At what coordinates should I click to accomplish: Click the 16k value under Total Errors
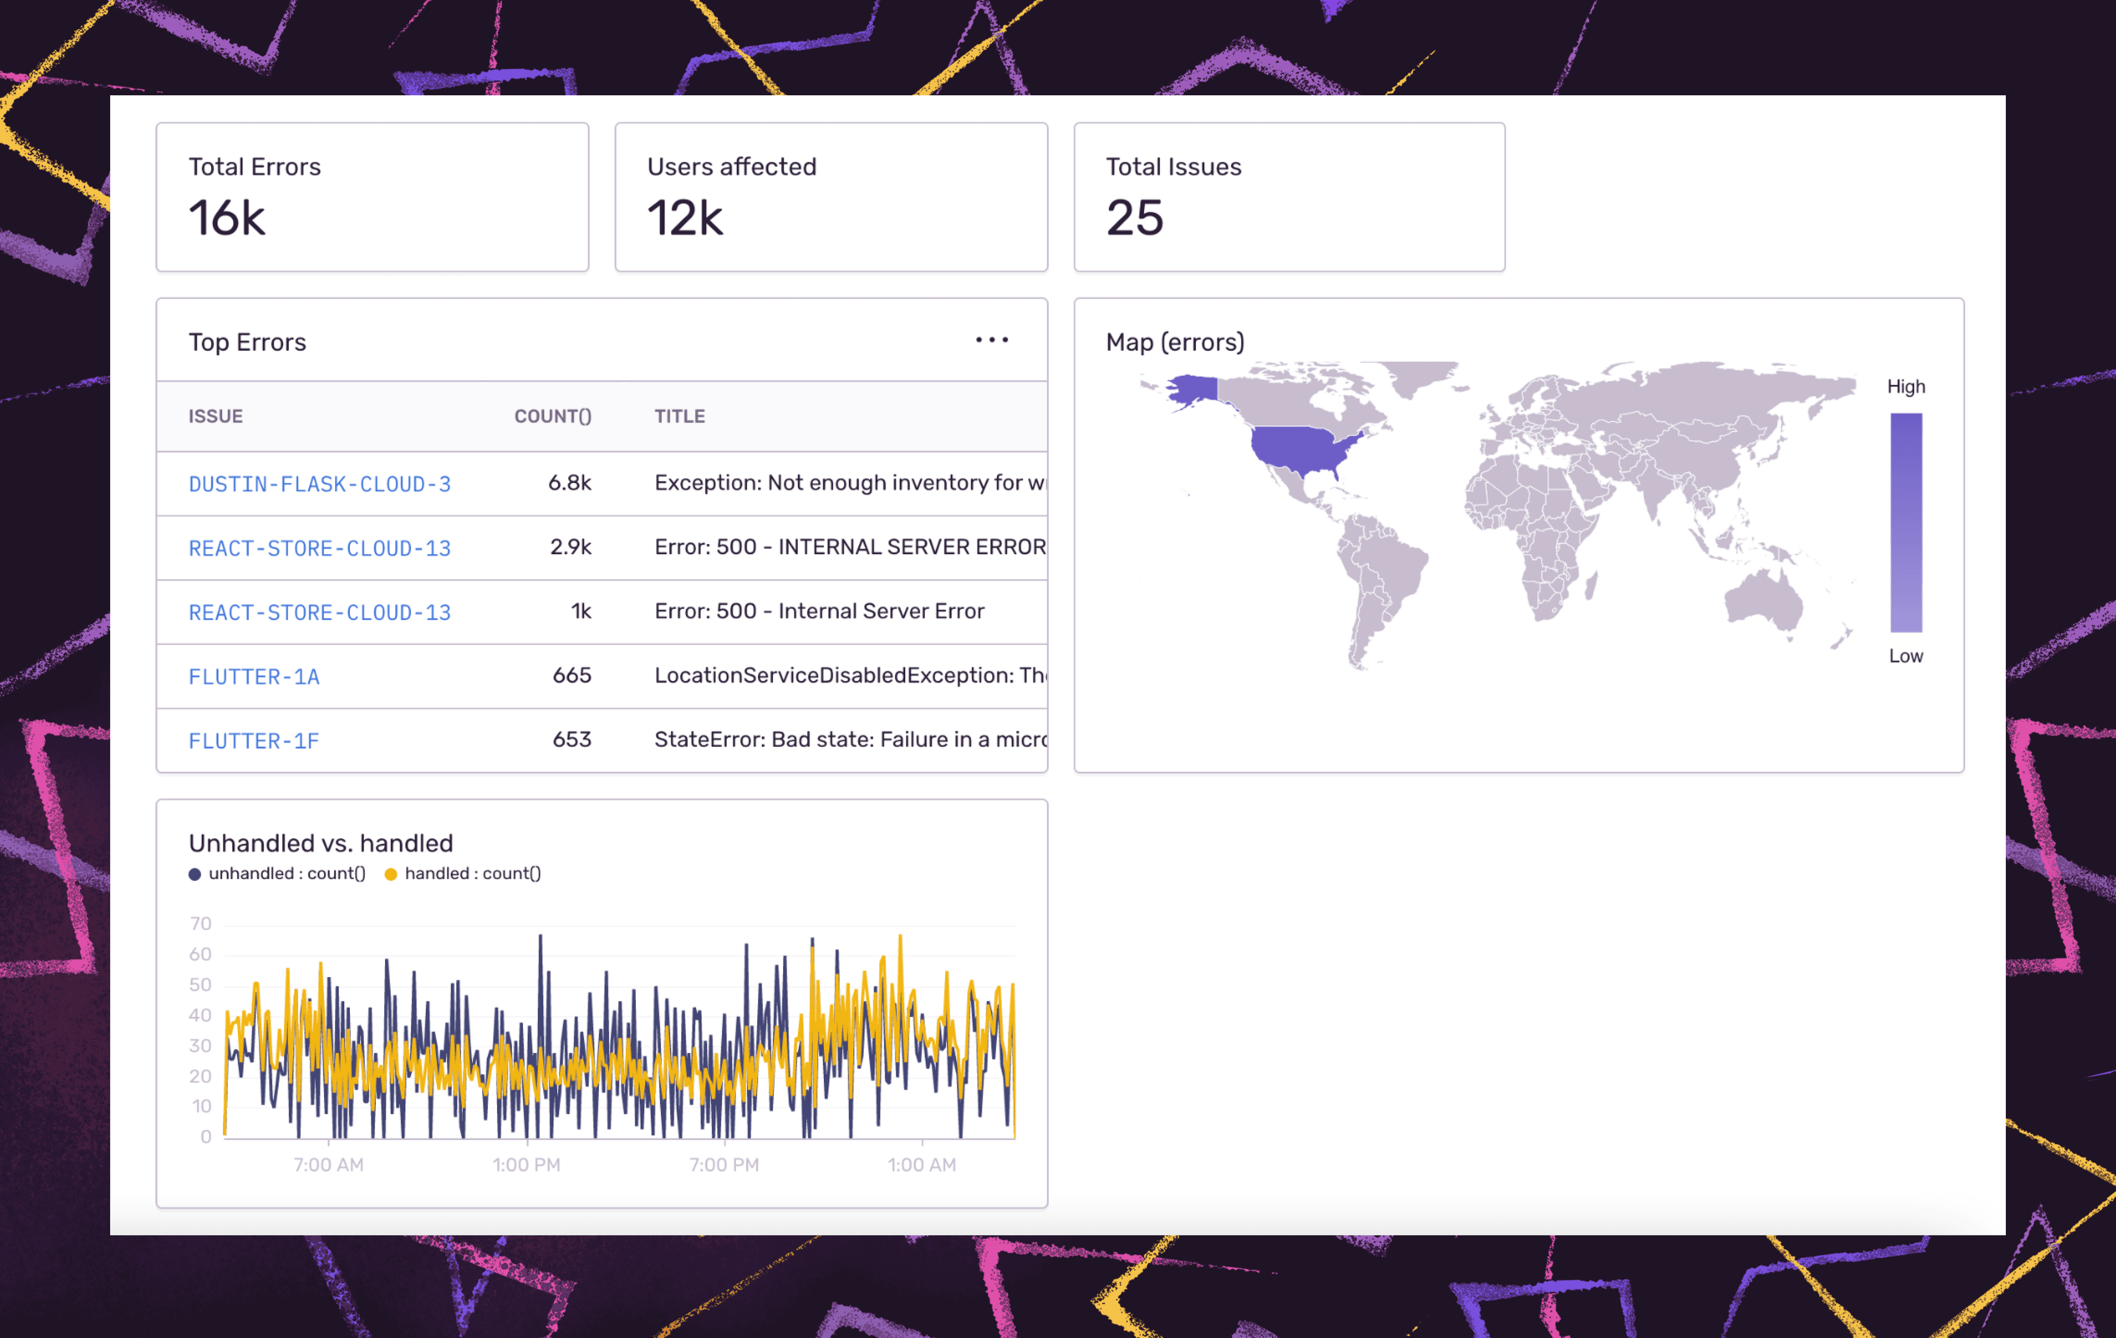(x=226, y=218)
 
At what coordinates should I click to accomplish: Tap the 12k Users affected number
(x=685, y=218)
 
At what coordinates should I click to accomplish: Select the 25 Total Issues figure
(x=1135, y=218)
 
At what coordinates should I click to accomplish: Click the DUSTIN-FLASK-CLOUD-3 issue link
(x=319, y=484)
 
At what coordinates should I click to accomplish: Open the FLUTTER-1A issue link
(x=254, y=676)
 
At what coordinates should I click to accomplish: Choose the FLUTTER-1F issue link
(x=254, y=740)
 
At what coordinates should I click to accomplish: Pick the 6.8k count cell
(x=569, y=483)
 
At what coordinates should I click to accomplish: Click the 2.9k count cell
(x=570, y=548)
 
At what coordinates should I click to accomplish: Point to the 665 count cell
(x=571, y=675)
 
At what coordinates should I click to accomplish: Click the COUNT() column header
(x=553, y=416)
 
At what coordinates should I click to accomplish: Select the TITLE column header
(x=679, y=416)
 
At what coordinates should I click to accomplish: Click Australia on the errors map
(x=1762, y=602)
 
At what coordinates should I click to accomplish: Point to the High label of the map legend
(x=1905, y=387)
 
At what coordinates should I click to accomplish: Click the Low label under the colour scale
(x=1905, y=656)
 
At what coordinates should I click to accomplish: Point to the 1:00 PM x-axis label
(x=526, y=1165)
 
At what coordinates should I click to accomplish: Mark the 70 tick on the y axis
(x=201, y=923)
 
